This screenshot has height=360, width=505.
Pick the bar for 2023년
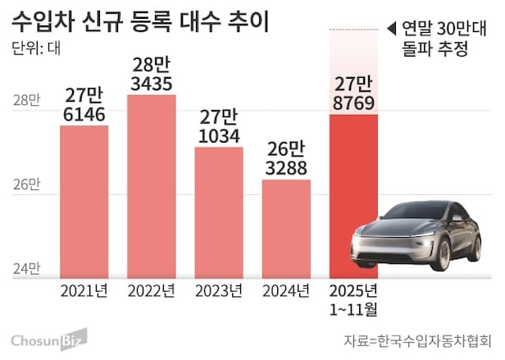point(219,213)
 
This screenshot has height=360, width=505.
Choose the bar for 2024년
point(286,230)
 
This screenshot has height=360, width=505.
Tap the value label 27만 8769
point(353,93)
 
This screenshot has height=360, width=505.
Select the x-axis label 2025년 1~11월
point(353,298)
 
